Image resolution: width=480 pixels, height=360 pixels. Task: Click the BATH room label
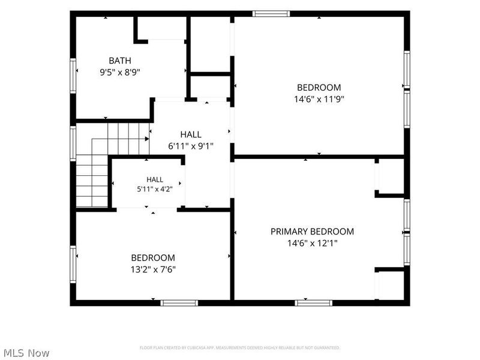119,61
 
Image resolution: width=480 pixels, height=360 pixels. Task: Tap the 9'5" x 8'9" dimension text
119,73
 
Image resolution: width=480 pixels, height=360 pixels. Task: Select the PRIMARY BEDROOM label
312,232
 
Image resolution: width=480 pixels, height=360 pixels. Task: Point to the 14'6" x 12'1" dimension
312,244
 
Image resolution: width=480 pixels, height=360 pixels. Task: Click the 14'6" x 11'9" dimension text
319,100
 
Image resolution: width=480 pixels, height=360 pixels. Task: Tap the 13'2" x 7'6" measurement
153,269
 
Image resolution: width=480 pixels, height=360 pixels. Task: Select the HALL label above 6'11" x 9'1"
191,134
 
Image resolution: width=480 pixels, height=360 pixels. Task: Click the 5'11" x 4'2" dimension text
155,189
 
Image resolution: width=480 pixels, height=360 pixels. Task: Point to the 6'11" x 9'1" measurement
191,146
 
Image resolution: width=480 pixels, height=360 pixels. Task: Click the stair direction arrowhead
147,139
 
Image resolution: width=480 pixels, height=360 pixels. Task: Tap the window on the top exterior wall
271,13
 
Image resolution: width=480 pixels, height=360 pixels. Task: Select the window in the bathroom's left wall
73,76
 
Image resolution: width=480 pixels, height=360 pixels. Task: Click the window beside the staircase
73,143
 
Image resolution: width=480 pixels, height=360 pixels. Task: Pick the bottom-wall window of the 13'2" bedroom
179,303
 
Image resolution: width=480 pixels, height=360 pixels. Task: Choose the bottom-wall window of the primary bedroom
313,303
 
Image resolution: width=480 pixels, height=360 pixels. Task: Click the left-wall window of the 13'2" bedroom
73,265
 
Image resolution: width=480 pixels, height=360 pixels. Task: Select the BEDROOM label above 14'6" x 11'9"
319,88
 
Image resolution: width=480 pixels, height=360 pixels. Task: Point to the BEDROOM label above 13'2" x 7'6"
153,258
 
